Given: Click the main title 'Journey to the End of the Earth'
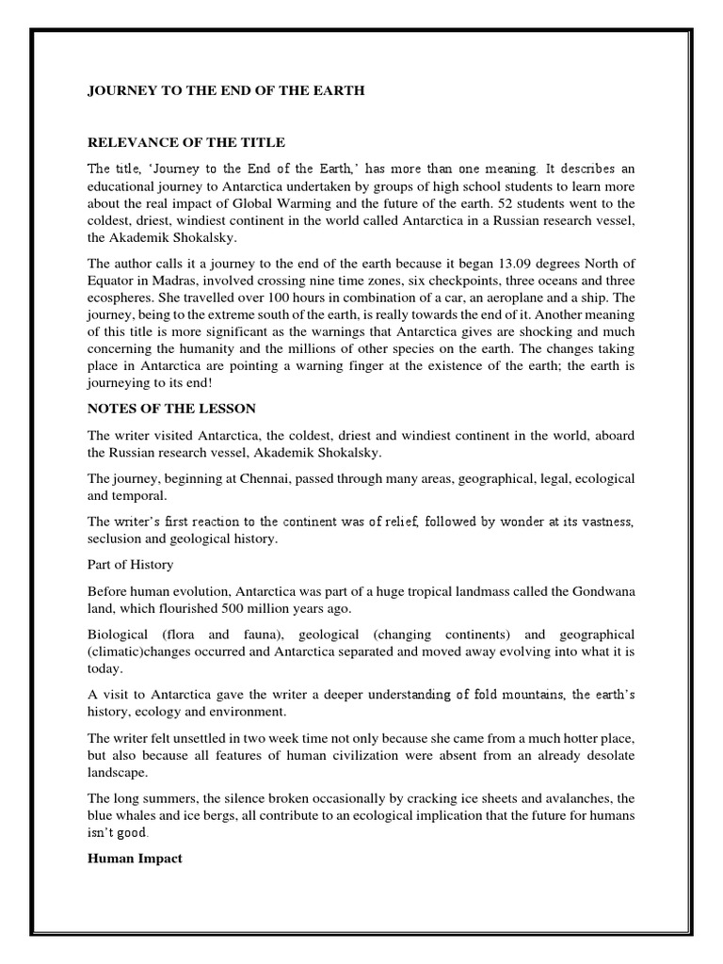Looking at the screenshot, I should (226, 91).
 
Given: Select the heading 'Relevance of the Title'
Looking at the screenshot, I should (185, 142).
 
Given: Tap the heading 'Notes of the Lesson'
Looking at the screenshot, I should (166, 410).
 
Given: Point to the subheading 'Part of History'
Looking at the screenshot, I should (132, 564).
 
